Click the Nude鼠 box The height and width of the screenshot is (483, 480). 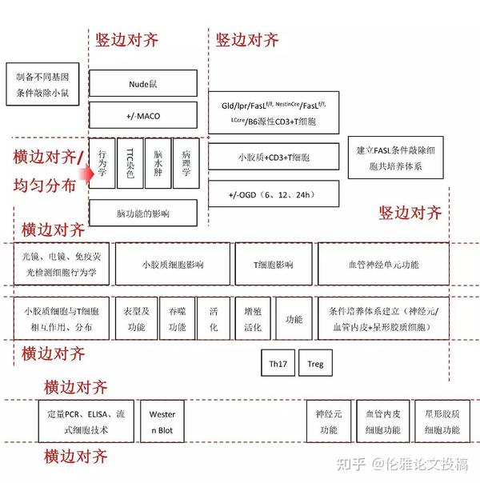[x=144, y=83]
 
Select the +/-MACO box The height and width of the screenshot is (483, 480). [x=144, y=116]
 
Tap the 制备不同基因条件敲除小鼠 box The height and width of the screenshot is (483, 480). [x=42, y=83]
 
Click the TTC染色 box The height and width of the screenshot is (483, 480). [x=130, y=162]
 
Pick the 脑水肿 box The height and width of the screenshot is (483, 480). [x=158, y=162]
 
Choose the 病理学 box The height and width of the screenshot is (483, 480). [x=186, y=162]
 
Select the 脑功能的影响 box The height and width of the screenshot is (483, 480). [x=144, y=214]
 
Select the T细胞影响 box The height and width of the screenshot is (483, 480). [x=273, y=265]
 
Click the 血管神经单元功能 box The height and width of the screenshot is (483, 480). [x=383, y=265]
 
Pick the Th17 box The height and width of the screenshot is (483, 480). [x=278, y=364]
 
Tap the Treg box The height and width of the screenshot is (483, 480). [x=315, y=364]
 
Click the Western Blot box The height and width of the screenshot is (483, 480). [x=162, y=421]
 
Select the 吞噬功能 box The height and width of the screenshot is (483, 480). [x=177, y=319]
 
